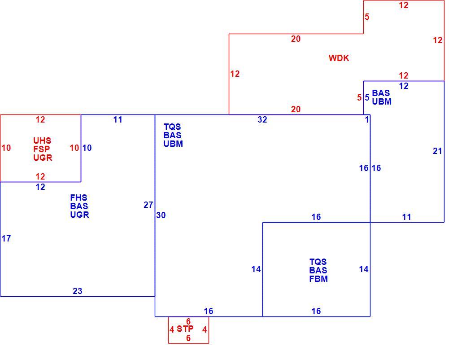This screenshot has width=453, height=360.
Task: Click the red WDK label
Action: click(x=339, y=58)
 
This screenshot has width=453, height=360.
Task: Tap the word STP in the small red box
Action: click(x=185, y=329)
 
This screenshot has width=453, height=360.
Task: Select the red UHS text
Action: click(x=42, y=140)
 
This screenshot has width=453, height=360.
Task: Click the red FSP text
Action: click(x=42, y=149)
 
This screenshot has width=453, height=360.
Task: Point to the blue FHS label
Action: click(x=78, y=198)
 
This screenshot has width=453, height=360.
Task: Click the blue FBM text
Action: click(x=318, y=279)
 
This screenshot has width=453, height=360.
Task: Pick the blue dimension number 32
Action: click(x=262, y=120)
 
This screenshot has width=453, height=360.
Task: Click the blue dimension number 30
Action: click(x=161, y=215)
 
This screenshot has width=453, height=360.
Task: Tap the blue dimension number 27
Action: click(x=148, y=205)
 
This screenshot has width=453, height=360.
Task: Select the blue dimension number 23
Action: click(x=78, y=291)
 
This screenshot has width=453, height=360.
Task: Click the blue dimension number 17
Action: click(x=6, y=238)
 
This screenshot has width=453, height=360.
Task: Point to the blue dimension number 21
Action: click(x=437, y=151)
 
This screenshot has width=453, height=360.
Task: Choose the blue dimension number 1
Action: click(x=367, y=120)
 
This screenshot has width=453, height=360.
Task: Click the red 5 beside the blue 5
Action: click(x=359, y=98)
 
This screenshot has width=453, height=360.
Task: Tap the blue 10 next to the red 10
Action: click(x=87, y=148)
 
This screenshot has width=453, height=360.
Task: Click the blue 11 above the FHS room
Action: click(x=118, y=120)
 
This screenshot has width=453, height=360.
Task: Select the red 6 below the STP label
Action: click(x=188, y=338)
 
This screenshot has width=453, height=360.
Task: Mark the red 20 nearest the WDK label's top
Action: click(x=296, y=39)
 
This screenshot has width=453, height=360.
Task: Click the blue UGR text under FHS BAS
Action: click(x=79, y=215)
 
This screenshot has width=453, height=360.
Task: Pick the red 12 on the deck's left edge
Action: click(x=235, y=74)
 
